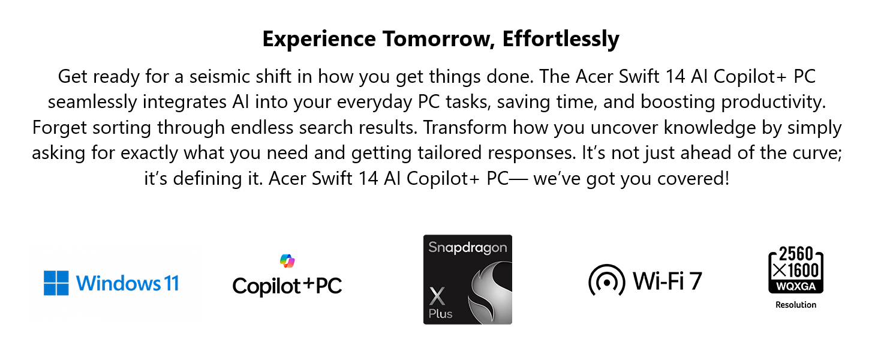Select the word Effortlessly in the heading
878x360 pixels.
click(561, 39)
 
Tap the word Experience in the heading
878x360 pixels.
click(319, 39)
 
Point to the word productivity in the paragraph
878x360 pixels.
click(773, 102)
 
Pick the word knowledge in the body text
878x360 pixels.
click(709, 127)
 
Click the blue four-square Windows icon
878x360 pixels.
click(56, 283)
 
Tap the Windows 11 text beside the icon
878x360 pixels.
click(127, 283)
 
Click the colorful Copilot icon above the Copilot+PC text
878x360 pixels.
click(287, 261)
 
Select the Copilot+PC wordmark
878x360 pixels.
click(287, 286)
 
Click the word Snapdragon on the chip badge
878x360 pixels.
click(468, 248)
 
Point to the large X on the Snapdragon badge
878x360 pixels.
click(437, 296)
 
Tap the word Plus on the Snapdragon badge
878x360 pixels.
click(440, 314)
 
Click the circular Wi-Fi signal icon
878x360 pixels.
click(606, 280)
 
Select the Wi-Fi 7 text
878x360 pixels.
click(667, 281)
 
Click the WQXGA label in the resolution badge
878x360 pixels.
click(796, 286)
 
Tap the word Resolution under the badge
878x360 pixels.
click(796, 305)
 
